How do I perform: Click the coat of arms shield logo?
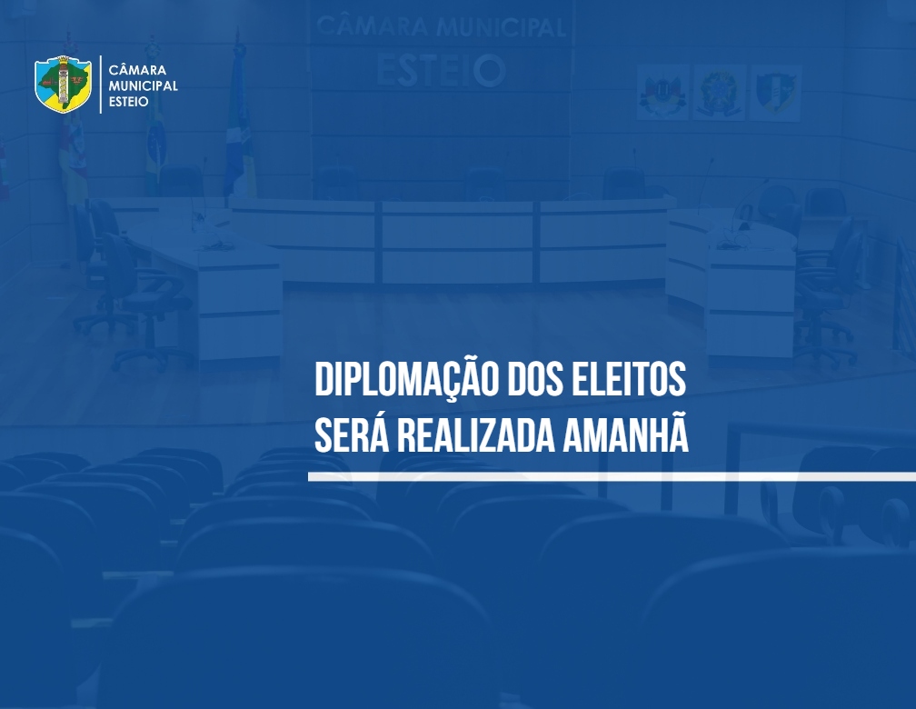click(63, 85)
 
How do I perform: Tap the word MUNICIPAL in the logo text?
click(144, 86)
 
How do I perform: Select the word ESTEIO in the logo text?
click(128, 102)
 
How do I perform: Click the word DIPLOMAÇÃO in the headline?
click(406, 381)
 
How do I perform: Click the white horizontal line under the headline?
click(612, 477)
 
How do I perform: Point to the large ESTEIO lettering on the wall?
click(441, 70)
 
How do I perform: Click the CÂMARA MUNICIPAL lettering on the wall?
click(441, 27)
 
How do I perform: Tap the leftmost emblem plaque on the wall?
click(662, 93)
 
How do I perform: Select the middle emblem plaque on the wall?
click(719, 93)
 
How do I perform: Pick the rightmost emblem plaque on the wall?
click(775, 93)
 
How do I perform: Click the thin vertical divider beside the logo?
click(101, 85)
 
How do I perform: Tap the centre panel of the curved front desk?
click(457, 242)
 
